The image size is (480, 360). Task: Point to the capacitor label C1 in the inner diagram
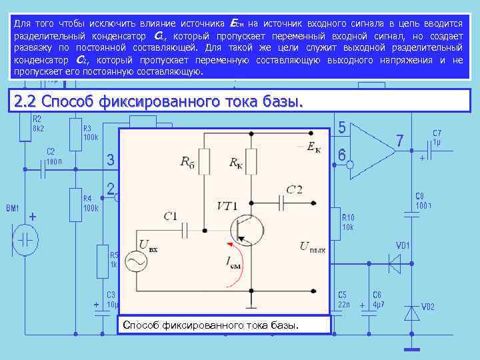(x=170, y=215)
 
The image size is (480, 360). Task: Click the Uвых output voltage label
(x=313, y=247)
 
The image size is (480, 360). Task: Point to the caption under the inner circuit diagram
(x=211, y=325)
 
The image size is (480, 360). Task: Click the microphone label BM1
(x=13, y=209)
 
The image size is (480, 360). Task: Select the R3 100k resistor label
(x=90, y=133)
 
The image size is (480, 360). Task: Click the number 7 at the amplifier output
(x=399, y=141)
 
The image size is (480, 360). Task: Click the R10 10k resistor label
(x=349, y=222)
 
